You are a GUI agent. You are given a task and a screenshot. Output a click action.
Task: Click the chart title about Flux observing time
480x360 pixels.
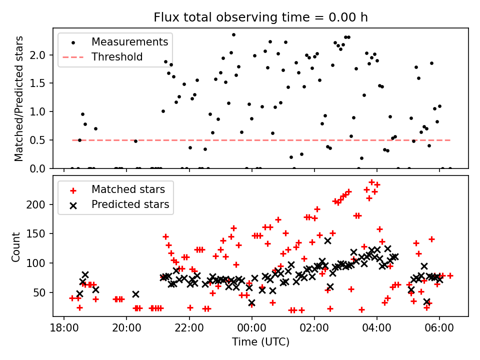[260, 17]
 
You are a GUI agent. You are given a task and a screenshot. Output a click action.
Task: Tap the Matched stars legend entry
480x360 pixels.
[114, 189]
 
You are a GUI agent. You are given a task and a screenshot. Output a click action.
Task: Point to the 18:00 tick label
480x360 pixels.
[64, 328]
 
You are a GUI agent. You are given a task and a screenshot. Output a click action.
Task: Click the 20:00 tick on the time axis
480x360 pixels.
[126, 328]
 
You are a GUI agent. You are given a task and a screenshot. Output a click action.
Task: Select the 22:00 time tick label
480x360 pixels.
[189, 328]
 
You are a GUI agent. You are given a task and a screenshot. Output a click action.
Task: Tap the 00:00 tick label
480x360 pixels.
[251, 328]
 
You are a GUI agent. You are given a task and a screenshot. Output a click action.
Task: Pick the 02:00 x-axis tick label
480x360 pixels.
[314, 328]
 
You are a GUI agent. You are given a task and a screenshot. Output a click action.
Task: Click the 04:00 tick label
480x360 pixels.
[377, 328]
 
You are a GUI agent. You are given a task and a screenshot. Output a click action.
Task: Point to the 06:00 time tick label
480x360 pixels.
[439, 328]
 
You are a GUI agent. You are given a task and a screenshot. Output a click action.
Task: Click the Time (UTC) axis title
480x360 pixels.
[260, 341]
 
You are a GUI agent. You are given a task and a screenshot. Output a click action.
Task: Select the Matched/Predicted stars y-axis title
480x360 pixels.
[18, 98]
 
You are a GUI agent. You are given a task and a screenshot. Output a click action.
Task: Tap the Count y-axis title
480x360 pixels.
[15, 247]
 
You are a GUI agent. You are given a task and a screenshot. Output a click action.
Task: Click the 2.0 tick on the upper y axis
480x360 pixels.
[37, 55]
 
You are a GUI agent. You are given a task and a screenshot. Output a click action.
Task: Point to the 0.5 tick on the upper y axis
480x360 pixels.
[37, 140]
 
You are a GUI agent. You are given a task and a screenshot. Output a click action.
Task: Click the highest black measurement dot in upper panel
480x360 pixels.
[233, 35]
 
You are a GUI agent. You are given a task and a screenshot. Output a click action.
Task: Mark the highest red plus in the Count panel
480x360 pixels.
[371, 182]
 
